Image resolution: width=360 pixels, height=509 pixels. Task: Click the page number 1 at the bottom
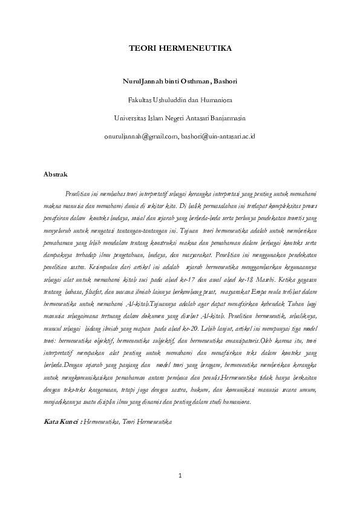(x=180, y=476)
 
